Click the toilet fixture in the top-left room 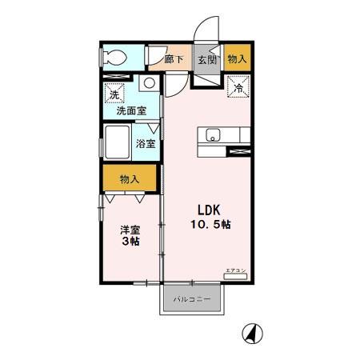pyautogui.click(x=114, y=58)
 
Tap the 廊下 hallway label pyautogui.click(x=174, y=58)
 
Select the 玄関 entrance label pyautogui.click(x=206, y=59)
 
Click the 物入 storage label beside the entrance pyautogui.click(x=237, y=58)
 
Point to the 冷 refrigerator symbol pyautogui.click(x=238, y=88)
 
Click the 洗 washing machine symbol pyautogui.click(x=114, y=94)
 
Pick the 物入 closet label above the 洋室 pyautogui.click(x=128, y=180)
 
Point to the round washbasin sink pyautogui.click(x=148, y=83)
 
